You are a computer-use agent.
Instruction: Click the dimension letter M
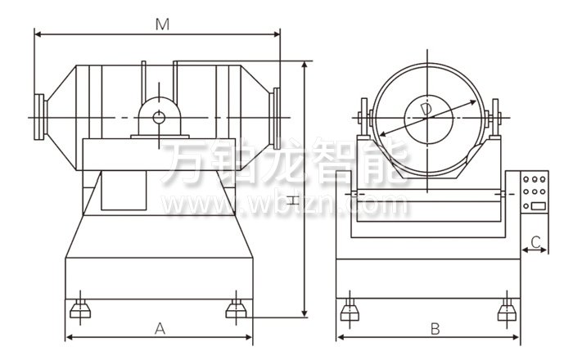(x=162, y=25)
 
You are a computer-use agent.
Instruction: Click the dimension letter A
(x=160, y=329)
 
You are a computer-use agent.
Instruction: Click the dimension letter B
(x=435, y=329)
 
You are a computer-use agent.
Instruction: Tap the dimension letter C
(x=535, y=241)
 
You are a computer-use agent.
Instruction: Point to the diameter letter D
(x=426, y=110)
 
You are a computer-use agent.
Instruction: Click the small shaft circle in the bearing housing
(x=159, y=118)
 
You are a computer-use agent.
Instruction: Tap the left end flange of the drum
(x=40, y=117)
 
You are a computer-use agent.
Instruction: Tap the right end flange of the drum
(x=275, y=119)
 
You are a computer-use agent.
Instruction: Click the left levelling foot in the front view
(x=80, y=309)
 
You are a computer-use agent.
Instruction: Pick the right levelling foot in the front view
(x=236, y=309)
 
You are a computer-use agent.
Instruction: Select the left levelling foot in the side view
(x=350, y=309)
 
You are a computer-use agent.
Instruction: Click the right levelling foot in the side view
(x=508, y=309)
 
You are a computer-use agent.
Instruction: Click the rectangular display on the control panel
(x=539, y=206)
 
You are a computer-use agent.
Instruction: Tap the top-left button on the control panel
(x=526, y=180)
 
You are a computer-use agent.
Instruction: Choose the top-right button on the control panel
(x=543, y=180)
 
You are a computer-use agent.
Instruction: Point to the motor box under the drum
(x=124, y=190)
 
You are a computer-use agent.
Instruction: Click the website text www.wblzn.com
(x=284, y=205)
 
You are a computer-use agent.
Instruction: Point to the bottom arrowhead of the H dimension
(x=305, y=314)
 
